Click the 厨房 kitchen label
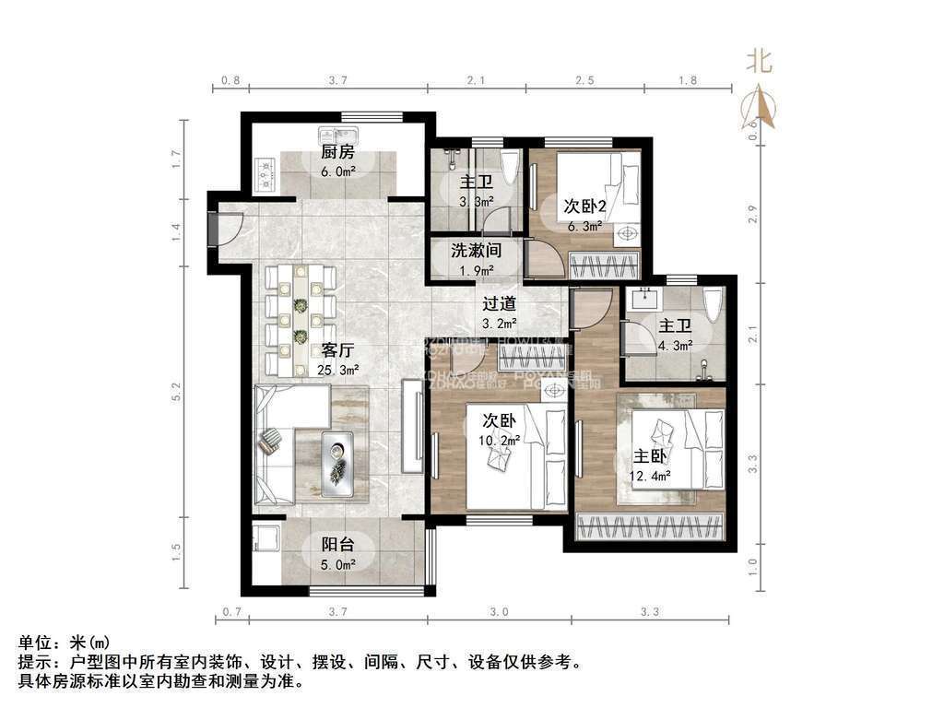(337, 153)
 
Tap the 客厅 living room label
(338, 350)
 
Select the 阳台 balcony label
(337, 545)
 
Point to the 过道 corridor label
(500, 303)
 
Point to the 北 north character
(760, 62)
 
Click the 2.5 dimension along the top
(584, 81)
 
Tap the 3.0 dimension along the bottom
(499, 611)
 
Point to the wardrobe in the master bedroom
(651, 526)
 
